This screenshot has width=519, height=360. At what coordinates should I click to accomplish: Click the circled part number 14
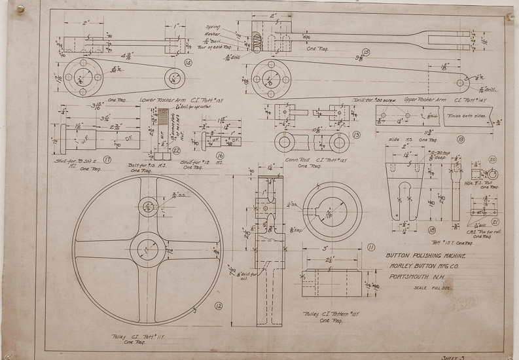click(x=188, y=63)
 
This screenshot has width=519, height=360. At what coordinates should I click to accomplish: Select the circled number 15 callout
click(x=365, y=52)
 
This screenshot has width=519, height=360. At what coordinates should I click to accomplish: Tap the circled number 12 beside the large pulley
click(x=219, y=304)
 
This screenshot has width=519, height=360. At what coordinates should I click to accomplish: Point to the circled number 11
click(x=371, y=247)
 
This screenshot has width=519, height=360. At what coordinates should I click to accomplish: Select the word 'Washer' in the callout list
click(x=213, y=34)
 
